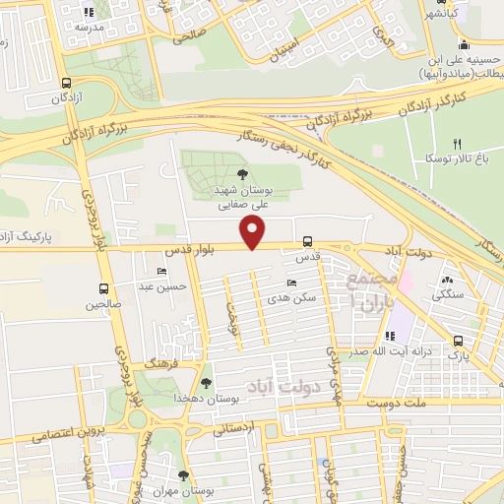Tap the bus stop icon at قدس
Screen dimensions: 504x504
308,241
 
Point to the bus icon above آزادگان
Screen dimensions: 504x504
66,84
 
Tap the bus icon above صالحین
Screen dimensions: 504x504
104,289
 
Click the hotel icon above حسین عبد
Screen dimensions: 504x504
161,272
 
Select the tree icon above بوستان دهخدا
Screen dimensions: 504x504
206,383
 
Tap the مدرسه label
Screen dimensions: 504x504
96,27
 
